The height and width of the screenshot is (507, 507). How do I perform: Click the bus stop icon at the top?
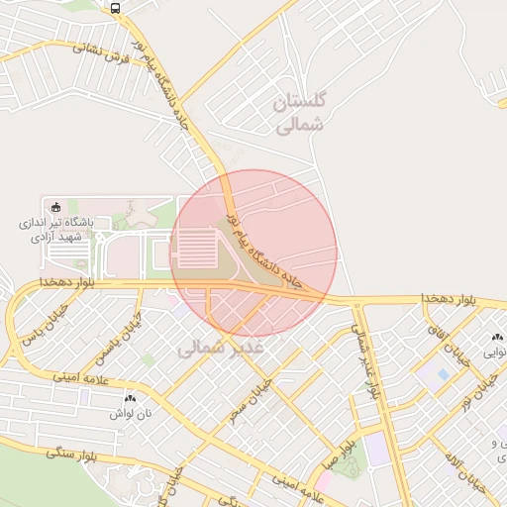click(x=116, y=8)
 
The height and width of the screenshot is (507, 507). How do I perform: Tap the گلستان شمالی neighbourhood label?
click(x=305, y=113)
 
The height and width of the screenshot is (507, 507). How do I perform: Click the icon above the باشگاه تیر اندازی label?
click(x=55, y=207)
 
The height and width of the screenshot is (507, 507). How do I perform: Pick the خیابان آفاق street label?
click(x=442, y=337)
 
